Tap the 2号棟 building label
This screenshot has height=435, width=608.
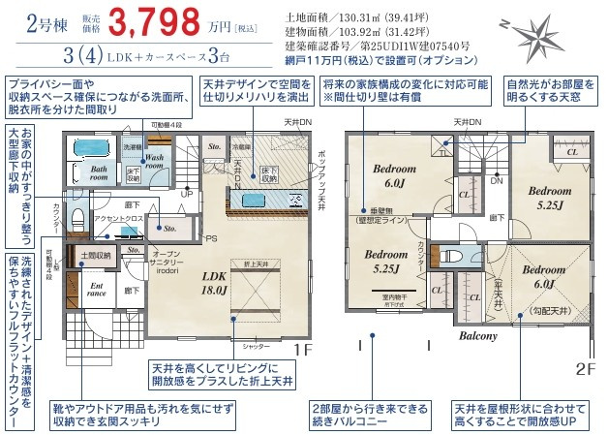pyautogui.click(x=32, y=22)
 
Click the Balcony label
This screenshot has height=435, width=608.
pyautogui.click(x=477, y=336)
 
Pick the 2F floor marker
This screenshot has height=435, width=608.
pyautogui.click(x=584, y=368)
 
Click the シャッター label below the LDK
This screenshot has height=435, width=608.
pyautogui.click(x=256, y=345)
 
